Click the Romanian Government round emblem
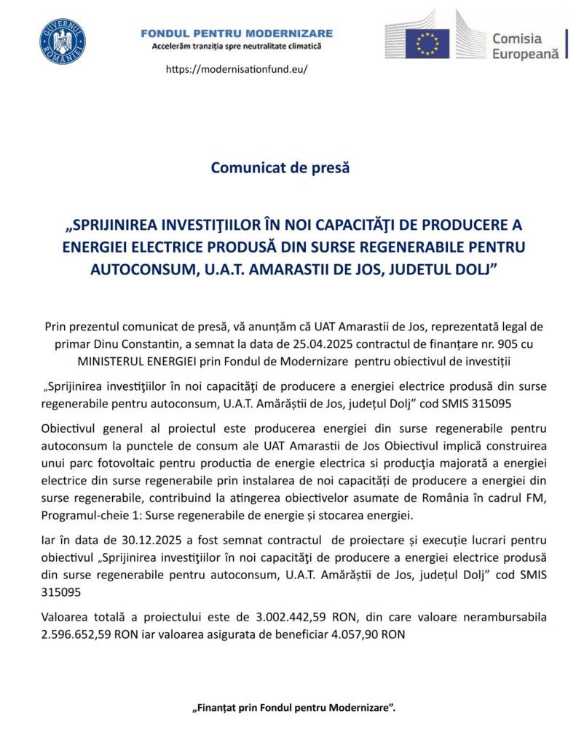pos(63,41)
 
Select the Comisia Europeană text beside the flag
pos(525,45)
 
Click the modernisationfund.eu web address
pos(237,69)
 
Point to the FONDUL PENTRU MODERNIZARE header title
pos(237,33)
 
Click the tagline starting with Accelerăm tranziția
pos(237,46)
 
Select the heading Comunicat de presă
pos(280,167)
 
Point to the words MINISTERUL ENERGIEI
pos(137,362)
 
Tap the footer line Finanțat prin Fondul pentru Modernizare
pos(293,707)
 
